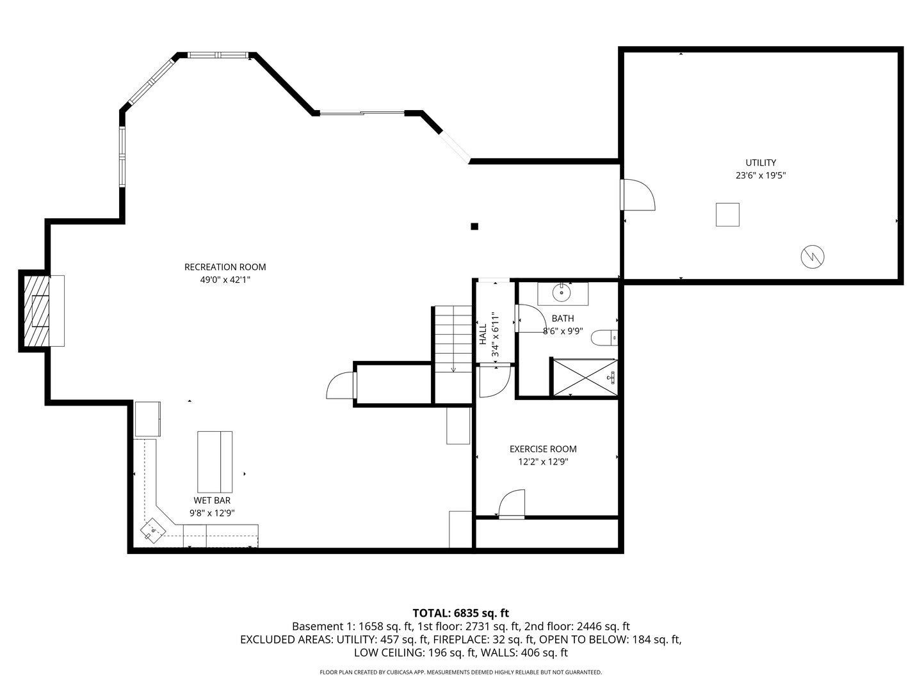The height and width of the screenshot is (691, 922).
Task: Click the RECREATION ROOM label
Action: tap(225, 267)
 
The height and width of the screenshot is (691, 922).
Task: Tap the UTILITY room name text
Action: tap(760, 163)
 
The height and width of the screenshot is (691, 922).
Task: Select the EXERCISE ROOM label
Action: tap(543, 449)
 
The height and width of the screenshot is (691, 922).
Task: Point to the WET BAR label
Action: tap(212, 500)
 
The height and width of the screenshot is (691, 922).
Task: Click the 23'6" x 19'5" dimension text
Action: tap(760, 175)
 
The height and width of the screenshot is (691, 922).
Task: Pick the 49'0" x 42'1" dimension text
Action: tap(225, 280)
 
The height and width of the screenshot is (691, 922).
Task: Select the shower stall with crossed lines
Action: tap(585, 377)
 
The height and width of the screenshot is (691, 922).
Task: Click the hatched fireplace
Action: tap(36, 311)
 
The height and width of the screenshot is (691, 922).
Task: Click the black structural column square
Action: tap(474, 226)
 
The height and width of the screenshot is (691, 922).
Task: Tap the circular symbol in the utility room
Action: tap(813, 257)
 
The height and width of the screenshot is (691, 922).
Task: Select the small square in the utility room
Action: tap(727, 214)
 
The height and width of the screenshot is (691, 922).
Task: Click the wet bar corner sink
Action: tap(153, 530)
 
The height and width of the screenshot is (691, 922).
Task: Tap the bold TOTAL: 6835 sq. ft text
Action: tap(461, 614)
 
